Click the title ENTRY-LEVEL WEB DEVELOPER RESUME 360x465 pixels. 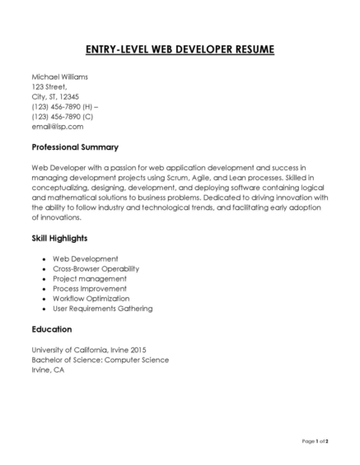[x=180, y=49]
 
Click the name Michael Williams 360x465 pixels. [x=59, y=77]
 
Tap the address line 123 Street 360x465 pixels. [x=49, y=86]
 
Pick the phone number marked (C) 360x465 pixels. [x=62, y=116]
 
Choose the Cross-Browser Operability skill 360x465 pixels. [x=96, y=268]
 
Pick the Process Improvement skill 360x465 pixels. [x=90, y=288]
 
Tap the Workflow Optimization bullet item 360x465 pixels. [x=91, y=298]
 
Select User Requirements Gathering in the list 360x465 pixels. [x=102, y=308]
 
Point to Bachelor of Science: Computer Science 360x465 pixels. [x=100, y=360]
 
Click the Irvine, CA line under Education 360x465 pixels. [x=48, y=370]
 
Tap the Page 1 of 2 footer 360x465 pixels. [x=315, y=442]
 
